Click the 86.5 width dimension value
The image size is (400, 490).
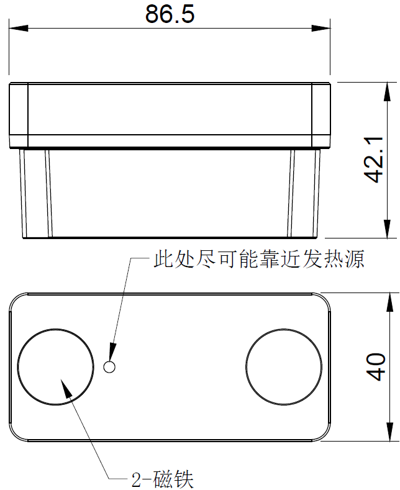(170, 14)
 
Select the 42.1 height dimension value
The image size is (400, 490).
(374, 161)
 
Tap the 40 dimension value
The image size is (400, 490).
(375, 366)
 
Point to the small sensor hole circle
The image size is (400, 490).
(110, 366)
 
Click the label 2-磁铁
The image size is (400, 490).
(163, 479)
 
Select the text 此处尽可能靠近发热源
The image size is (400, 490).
(258, 258)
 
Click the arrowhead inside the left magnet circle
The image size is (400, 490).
(65, 386)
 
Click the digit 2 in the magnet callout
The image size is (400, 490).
(137, 479)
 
